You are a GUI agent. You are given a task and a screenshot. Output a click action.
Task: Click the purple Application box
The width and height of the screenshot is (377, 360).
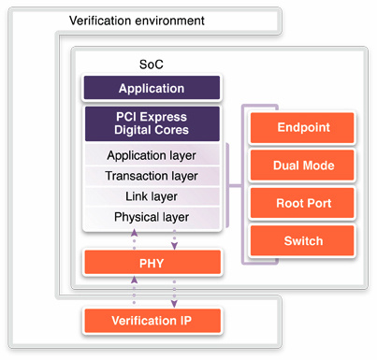click(x=152, y=89)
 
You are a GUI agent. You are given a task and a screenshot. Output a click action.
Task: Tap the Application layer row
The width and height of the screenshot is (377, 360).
click(x=152, y=155)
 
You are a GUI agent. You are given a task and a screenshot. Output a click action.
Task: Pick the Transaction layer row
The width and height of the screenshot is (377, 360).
click(x=152, y=176)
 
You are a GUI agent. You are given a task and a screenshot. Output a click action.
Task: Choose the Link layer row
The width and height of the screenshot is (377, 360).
click(x=152, y=196)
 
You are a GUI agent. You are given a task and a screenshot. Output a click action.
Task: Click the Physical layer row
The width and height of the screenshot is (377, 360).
click(x=152, y=217)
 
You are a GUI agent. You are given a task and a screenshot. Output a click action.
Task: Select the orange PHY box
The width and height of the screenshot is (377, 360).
click(x=152, y=263)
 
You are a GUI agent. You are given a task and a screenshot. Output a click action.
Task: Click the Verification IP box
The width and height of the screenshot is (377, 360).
click(x=152, y=321)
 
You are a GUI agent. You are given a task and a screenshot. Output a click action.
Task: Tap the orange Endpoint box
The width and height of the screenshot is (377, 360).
click(x=302, y=128)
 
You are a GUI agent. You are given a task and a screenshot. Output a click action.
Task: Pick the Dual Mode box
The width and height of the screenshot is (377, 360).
click(x=302, y=166)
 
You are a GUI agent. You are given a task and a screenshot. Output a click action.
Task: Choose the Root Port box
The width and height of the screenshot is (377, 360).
click(x=302, y=203)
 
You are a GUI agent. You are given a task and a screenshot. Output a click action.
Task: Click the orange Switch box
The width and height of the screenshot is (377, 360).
click(x=302, y=240)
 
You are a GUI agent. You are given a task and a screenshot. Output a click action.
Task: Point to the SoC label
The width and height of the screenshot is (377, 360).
click(x=151, y=67)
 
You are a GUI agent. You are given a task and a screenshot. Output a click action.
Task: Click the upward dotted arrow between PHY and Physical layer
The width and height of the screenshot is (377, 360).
click(x=135, y=239)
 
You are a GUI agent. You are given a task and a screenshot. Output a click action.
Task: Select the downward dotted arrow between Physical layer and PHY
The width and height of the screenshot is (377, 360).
click(x=172, y=239)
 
